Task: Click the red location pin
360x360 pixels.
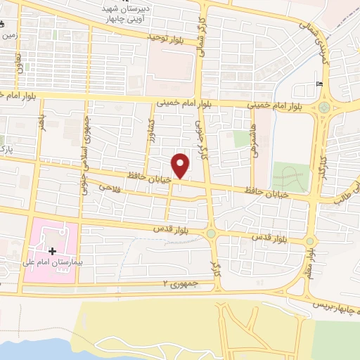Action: (181, 165)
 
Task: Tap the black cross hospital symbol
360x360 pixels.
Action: (52, 251)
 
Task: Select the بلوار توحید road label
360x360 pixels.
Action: (165, 37)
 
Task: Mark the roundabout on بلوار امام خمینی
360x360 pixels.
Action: (324, 108)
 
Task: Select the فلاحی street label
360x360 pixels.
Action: (111, 188)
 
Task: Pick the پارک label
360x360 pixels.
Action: (6, 152)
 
